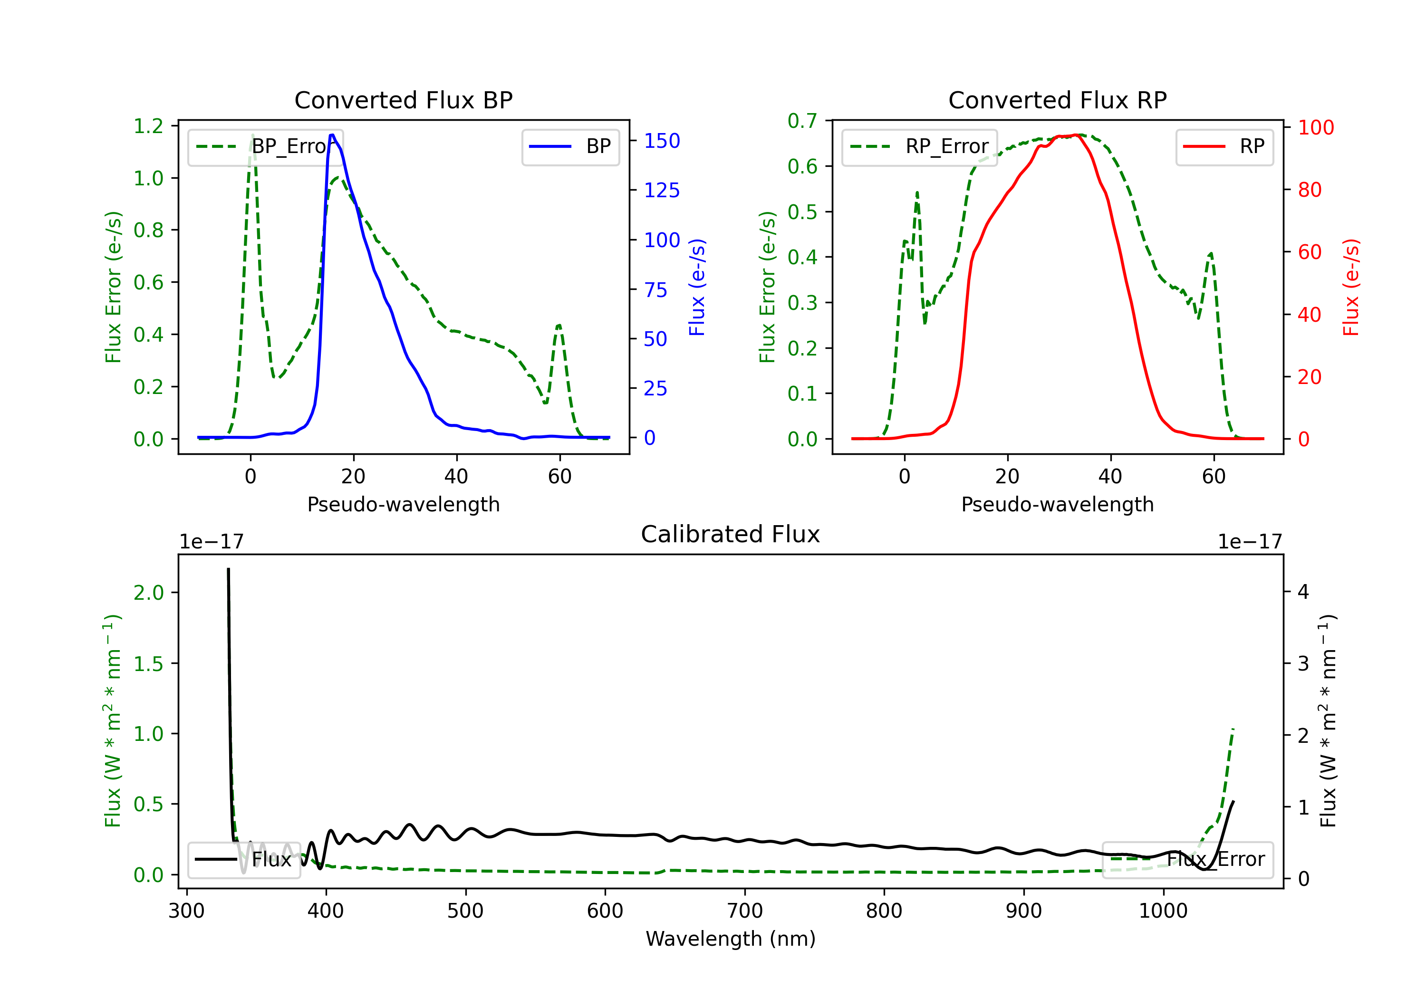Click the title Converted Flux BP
403,100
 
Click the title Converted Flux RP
1057,100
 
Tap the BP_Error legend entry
265,146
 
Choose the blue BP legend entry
570,146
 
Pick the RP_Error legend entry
919,146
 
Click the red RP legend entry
1224,146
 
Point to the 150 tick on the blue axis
662,141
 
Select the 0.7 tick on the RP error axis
802,121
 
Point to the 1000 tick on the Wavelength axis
1163,911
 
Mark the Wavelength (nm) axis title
731,939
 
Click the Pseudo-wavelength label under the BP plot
403,504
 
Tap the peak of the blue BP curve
332,135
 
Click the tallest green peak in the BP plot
252,135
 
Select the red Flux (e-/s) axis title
1351,288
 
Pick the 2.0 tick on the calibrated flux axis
148,593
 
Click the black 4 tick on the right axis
1303,592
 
